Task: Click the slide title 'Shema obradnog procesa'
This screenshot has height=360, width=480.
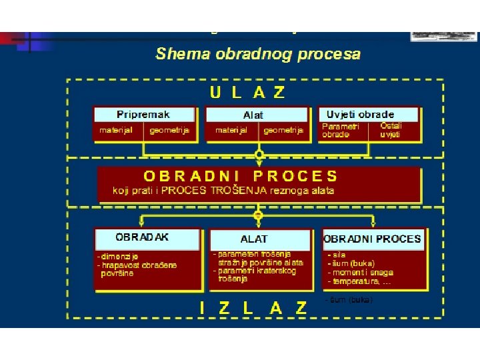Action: (257, 55)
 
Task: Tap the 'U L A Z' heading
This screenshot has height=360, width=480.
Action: (247, 93)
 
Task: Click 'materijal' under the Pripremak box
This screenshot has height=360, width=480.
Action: (117, 131)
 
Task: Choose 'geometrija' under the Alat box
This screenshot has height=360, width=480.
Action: (283, 131)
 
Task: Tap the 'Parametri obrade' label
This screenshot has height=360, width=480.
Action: (340, 130)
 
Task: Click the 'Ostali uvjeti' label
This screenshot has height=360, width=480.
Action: (391, 130)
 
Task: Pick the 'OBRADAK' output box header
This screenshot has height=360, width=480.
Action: (142, 237)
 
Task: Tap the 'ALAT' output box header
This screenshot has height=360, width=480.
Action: (254, 239)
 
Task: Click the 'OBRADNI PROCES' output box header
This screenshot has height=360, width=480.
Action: (373, 239)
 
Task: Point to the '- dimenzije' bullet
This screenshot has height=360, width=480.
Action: (117, 256)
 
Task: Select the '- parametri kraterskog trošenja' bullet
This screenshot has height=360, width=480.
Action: (255, 275)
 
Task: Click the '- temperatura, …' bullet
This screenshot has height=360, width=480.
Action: (359, 281)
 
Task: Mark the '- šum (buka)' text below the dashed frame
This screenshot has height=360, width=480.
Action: (349, 300)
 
